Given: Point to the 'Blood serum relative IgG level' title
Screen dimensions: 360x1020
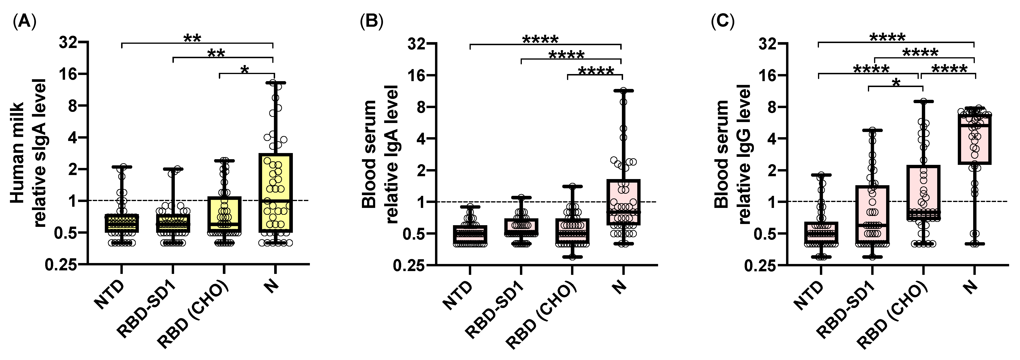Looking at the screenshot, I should pos(733,154).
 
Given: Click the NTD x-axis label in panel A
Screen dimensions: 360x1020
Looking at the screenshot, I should pos(109,295).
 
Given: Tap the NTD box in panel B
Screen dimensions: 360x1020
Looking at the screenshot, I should pos(470,234).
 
